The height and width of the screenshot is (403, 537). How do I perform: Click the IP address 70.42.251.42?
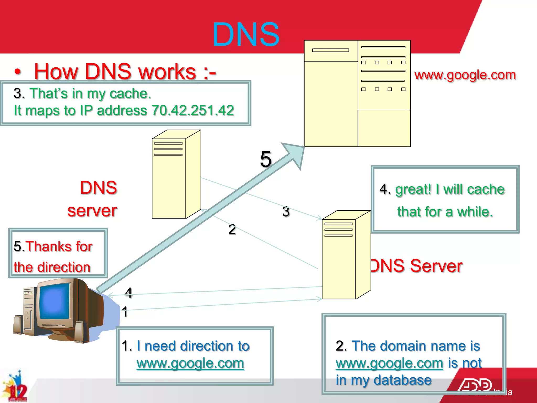(x=193, y=110)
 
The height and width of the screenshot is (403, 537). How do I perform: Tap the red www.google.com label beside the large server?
(x=465, y=75)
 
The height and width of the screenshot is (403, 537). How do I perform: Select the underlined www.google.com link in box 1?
(x=190, y=363)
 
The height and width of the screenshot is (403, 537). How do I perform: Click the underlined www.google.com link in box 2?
(x=389, y=363)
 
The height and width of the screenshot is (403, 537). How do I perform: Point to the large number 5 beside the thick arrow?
(x=266, y=159)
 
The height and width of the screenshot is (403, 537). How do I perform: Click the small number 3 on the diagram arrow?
(x=286, y=211)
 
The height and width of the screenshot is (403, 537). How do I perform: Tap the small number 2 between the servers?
(x=232, y=229)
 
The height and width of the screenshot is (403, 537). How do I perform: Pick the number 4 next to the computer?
(x=128, y=293)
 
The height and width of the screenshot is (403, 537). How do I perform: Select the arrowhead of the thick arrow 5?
(x=295, y=153)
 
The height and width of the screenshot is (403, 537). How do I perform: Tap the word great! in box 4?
(x=413, y=189)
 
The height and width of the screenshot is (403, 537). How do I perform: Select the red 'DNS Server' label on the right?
(x=417, y=266)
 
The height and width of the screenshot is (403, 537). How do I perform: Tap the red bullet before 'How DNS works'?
(x=18, y=71)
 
